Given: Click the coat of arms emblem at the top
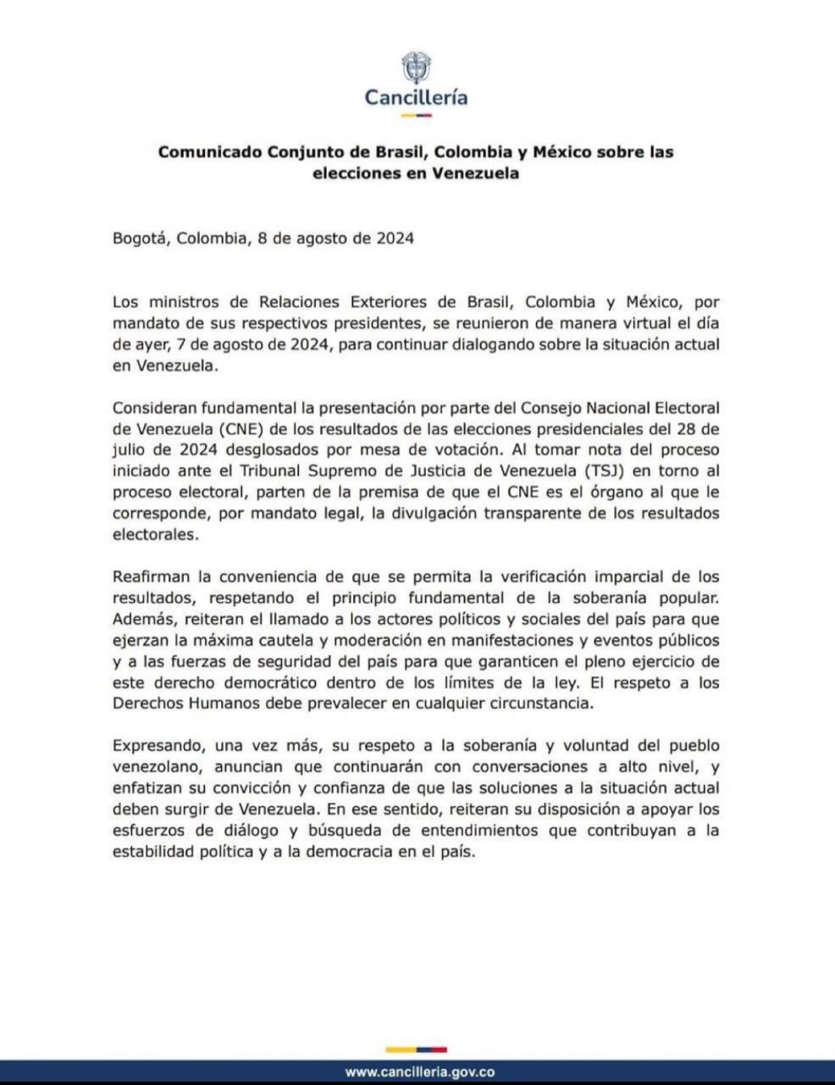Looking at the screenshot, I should pos(415,67).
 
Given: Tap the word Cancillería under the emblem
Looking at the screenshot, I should pos(416,97).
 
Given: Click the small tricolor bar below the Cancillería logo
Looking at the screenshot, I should pos(416,114).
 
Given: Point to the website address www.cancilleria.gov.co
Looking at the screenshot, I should pos(420,1071).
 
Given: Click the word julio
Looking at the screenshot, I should pos(129,448).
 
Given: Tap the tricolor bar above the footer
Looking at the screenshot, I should pos(416,1049).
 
